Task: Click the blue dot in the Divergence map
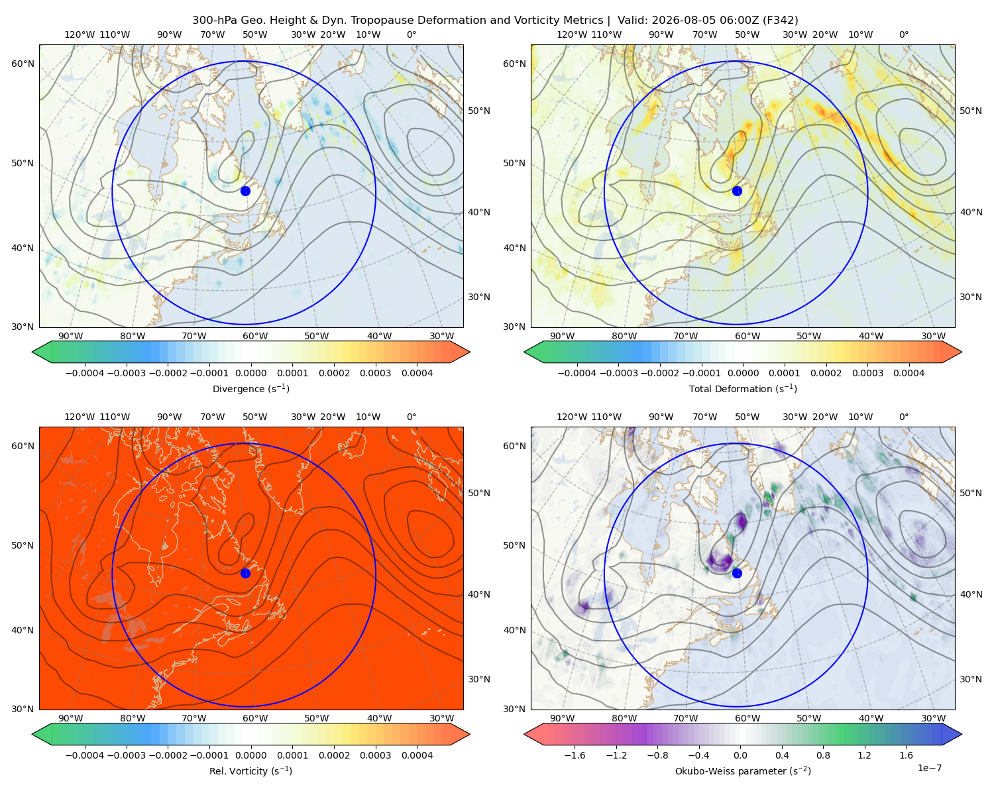click(x=245, y=191)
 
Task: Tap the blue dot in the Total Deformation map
click(x=737, y=191)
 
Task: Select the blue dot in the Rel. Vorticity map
click(x=245, y=573)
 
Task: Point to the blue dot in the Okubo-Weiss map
click(x=737, y=573)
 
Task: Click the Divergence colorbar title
click(x=250, y=388)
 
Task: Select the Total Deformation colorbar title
click(x=743, y=388)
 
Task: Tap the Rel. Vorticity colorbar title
click(x=250, y=770)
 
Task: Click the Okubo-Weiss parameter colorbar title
click(x=743, y=770)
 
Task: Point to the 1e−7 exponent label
click(x=929, y=768)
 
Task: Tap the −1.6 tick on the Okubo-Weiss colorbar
click(x=575, y=755)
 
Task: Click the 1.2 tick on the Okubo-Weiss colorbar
click(x=864, y=755)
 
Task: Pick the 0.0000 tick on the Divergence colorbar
click(x=250, y=373)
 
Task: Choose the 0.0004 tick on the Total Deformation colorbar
click(x=909, y=373)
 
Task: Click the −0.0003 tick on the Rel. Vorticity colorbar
click(x=126, y=755)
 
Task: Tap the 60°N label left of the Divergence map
click(x=23, y=64)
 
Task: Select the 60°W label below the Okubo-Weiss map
click(x=747, y=718)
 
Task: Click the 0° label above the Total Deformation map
click(x=903, y=34)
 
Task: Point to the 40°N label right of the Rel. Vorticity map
click(x=479, y=594)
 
